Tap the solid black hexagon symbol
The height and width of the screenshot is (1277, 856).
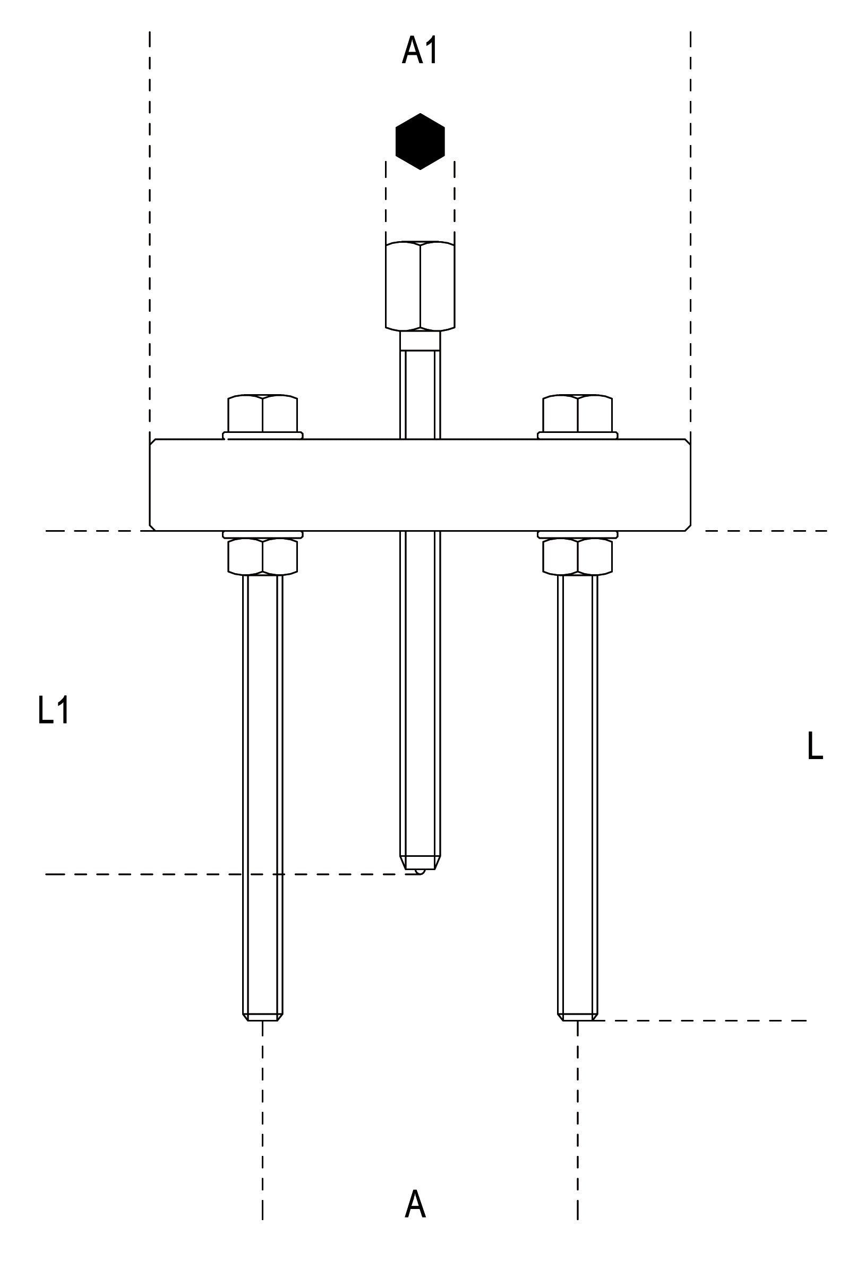point(420,141)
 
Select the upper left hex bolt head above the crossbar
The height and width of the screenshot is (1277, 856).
point(262,413)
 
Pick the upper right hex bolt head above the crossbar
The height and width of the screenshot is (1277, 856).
point(577,413)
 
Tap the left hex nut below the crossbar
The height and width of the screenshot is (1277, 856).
point(262,556)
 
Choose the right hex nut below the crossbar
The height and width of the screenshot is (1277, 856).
point(577,556)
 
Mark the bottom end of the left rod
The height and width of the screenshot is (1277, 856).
point(262,1016)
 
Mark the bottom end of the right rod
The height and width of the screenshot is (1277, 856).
point(578,1016)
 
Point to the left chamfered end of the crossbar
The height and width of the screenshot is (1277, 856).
point(153,484)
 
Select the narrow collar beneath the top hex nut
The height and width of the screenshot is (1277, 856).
point(420,340)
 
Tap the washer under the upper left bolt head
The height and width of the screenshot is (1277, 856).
point(262,435)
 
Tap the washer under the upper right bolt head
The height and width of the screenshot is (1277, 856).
point(577,435)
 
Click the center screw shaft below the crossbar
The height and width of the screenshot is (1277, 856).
point(420,683)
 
